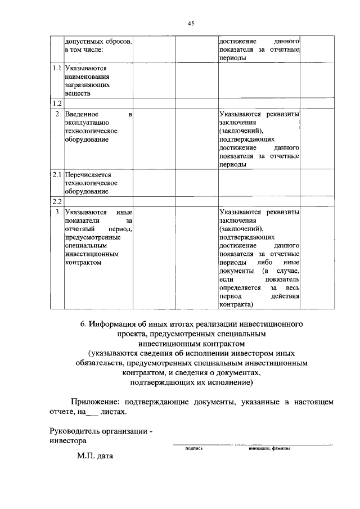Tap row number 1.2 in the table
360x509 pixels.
56,103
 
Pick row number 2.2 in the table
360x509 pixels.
56,201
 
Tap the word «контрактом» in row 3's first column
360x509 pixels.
83,262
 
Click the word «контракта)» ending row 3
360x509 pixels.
236,304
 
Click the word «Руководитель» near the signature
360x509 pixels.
73,431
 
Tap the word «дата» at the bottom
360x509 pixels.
105,457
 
